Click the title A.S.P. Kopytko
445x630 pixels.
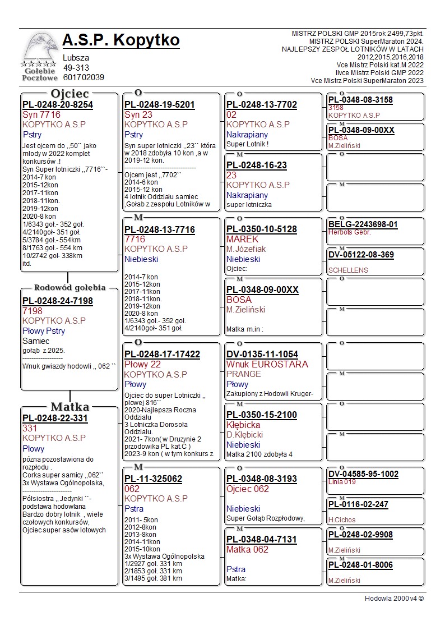pyautogui.click(x=121, y=40)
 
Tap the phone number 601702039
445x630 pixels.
pyautogui.click(x=84, y=77)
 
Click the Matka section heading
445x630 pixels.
pyautogui.click(x=69, y=407)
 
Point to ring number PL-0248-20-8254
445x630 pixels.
pyautogui.click(x=58, y=105)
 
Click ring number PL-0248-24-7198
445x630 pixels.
pyautogui.click(x=58, y=301)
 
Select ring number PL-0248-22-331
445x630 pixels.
pyautogui.click(x=55, y=418)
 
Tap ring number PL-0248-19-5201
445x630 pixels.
pyautogui.click(x=160, y=105)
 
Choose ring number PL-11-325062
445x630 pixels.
pyautogui.click(x=153, y=479)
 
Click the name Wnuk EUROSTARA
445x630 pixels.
pyautogui.click(x=267, y=364)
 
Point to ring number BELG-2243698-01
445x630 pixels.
pyautogui.click(x=363, y=224)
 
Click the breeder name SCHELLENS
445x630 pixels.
pyautogui.click(x=348, y=270)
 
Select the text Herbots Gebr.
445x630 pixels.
pyautogui.click(x=349, y=232)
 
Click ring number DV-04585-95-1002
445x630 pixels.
pyautogui.click(x=363, y=474)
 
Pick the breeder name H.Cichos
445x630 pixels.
pyautogui.click(x=342, y=519)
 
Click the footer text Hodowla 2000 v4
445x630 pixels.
pyautogui.click(x=394, y=598)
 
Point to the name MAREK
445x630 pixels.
pyautogui.click(x=243, y=239)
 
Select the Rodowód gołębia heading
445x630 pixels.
pyautogui.click(x=69, y=288)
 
